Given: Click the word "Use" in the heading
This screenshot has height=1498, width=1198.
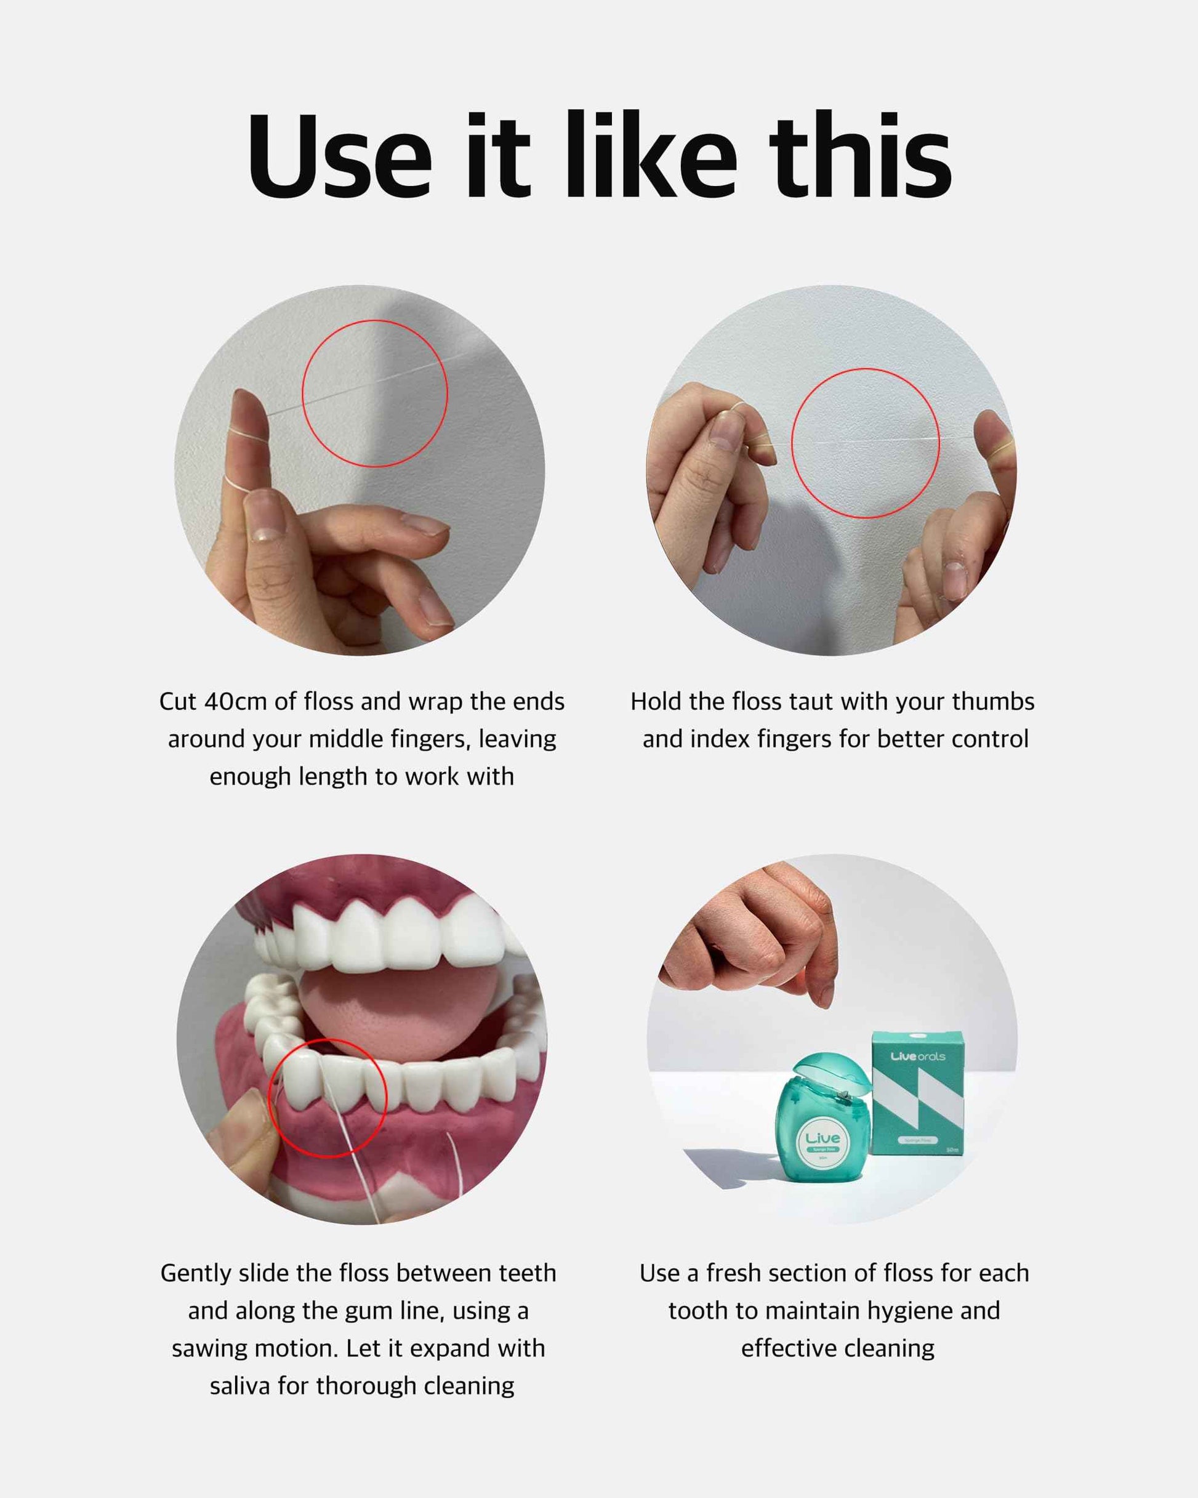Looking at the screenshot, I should [339, 156].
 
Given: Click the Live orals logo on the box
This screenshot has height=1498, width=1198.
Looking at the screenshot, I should [917, 1057].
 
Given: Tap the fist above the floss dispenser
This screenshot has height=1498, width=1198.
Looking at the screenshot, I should [757, 931].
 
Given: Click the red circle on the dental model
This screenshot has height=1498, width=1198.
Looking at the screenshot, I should [328, 1098].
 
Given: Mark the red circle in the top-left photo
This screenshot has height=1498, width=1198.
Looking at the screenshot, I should [374, 393].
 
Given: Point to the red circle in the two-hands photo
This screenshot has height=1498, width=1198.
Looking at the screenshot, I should [865, 443].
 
